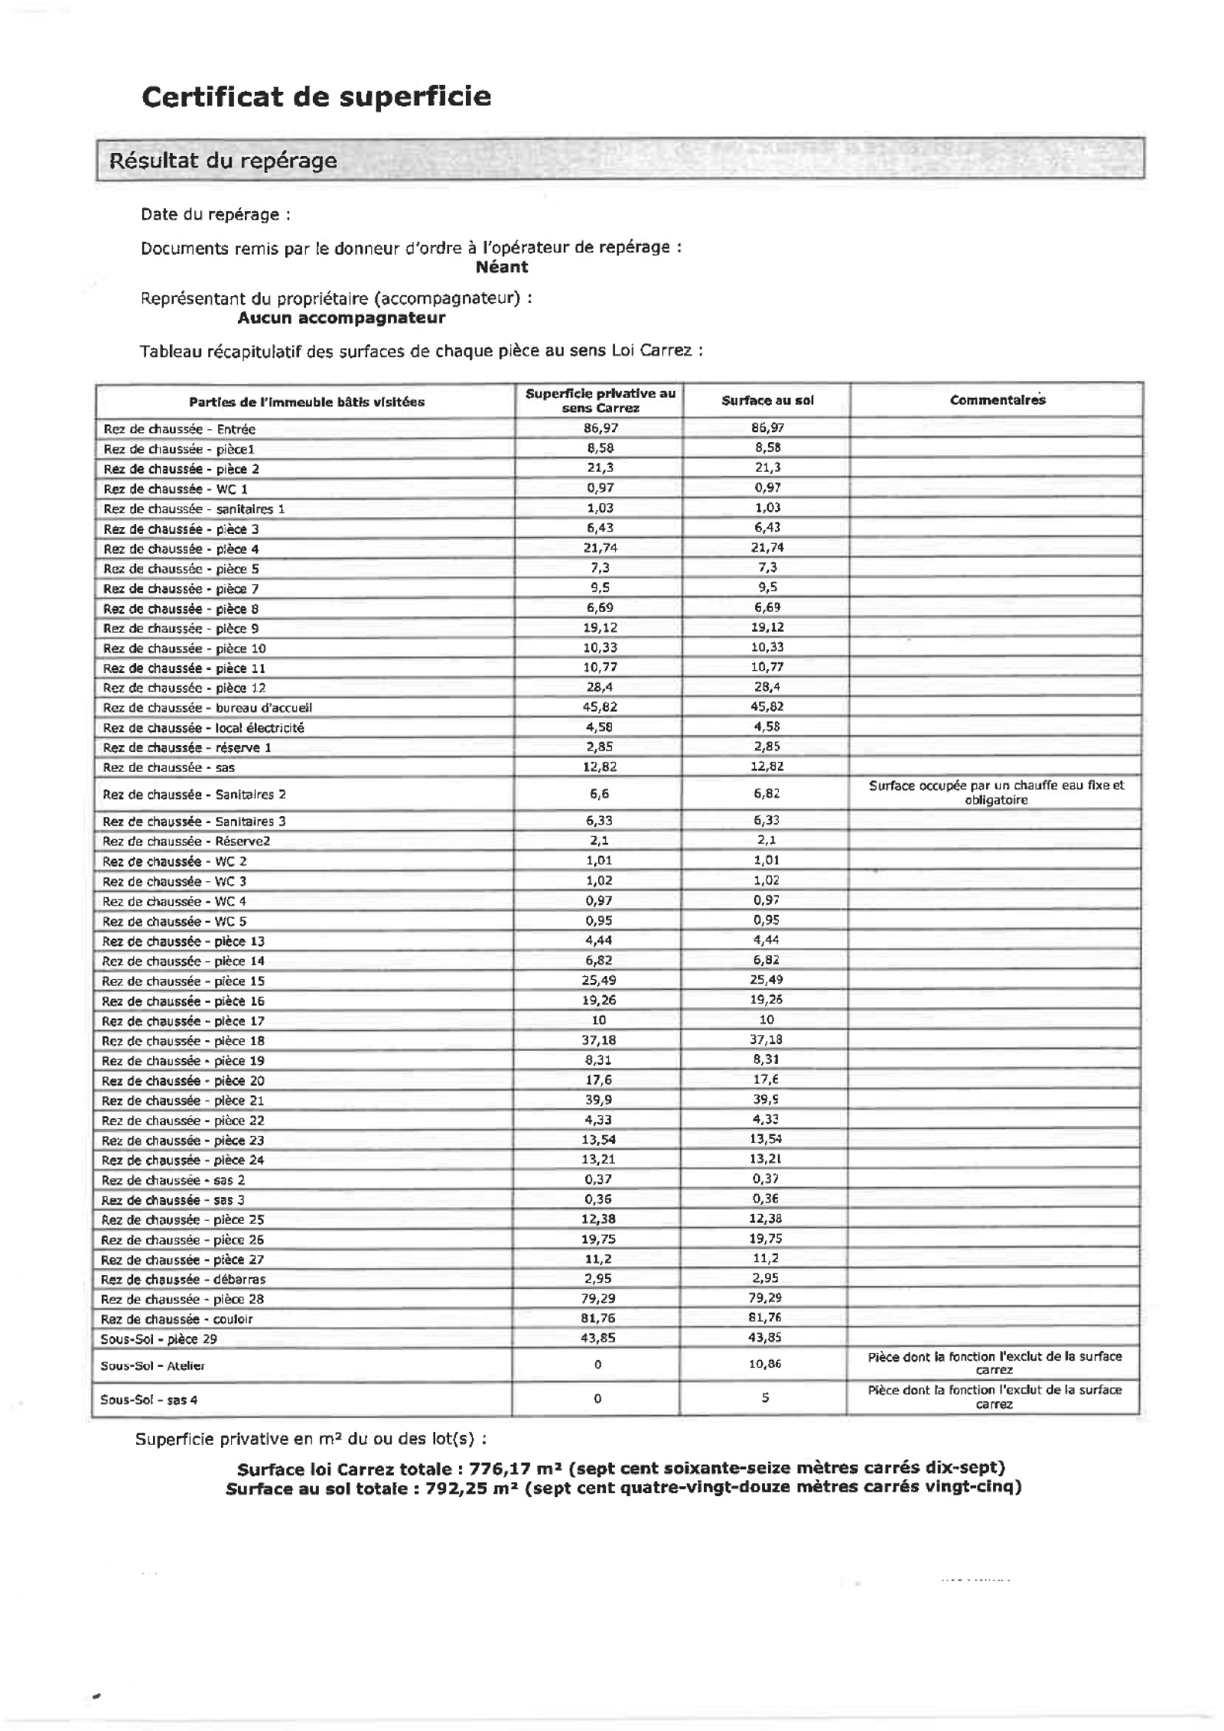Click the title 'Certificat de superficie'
pyautogui.click(x=316, y=97)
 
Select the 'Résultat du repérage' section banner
pyautogui.click(x=223, y=161)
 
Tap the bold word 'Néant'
pyautogui.click(x=501, y=267)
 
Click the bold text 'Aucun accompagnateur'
pyautogui.click(x=341, y=317)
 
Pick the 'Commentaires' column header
pyautogui.click(x=997, y=400)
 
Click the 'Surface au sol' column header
pyautogui.click(x=767, y=401)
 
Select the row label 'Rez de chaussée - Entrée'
pyautogui.click(x=179, y=429)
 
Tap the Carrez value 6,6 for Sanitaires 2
pyautogui.click(x=599, y=794)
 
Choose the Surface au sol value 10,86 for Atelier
pyautogui.click(x=765, y=1364)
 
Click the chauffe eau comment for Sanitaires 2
pyautogui.click(x=996, y=792)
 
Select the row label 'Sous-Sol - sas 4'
pyautogui.click(x=148, y=1400)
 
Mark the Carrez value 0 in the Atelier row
pyautogui.click(x=597, y=1365)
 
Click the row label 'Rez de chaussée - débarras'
pyautogui.click(x=184, y=1279)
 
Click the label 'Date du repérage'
pyautogui.click(x=215, y=215)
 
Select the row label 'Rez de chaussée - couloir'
pyautogui.click(x=177, y=1319)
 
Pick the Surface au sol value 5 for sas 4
pyautogui.click(x=765, y=1398)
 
